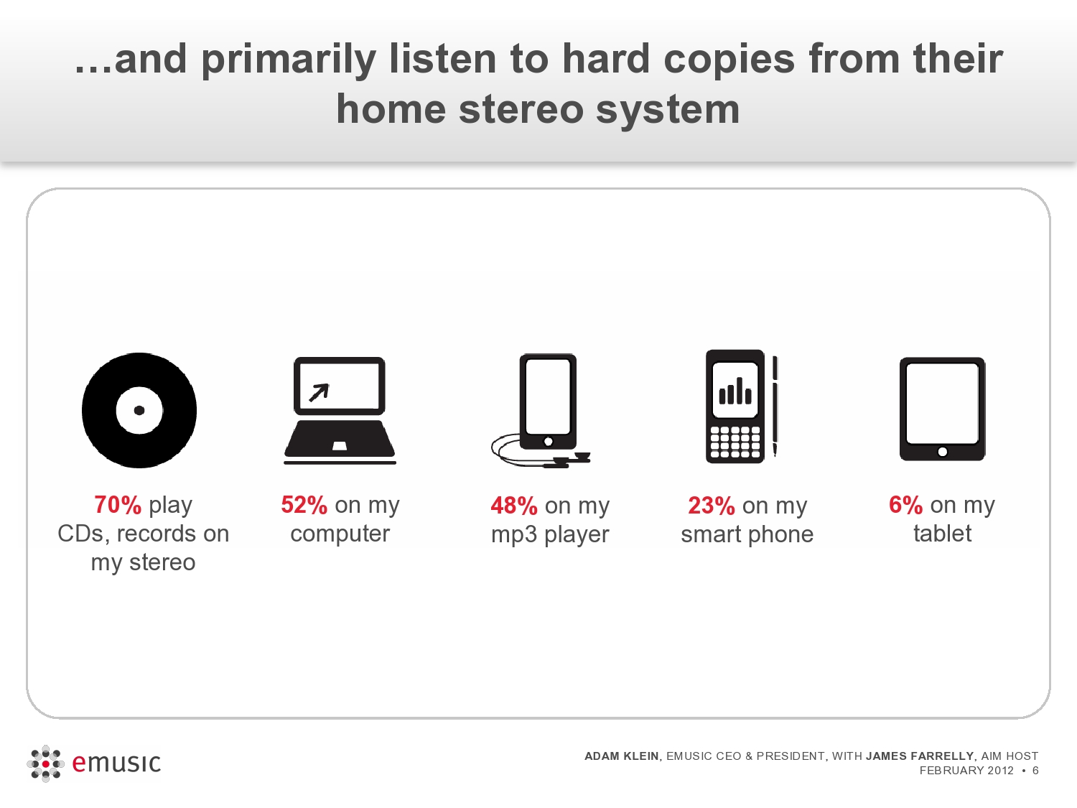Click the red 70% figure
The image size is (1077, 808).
(118, 505)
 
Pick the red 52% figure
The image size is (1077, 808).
(304, 505)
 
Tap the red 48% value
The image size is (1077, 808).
(514, 506)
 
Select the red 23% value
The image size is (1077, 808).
(712, 506)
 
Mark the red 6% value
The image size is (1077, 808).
(906, 505)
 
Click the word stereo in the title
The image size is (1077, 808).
(521, 109)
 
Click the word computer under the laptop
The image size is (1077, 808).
(340, 534)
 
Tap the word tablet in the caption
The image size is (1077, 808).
(943, 533)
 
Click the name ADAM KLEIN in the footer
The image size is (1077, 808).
(622, 756)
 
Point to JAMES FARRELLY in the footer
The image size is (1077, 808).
(920, 756)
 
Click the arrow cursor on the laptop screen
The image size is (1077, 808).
(319, 393)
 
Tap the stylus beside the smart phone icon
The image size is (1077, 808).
(775, 407)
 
